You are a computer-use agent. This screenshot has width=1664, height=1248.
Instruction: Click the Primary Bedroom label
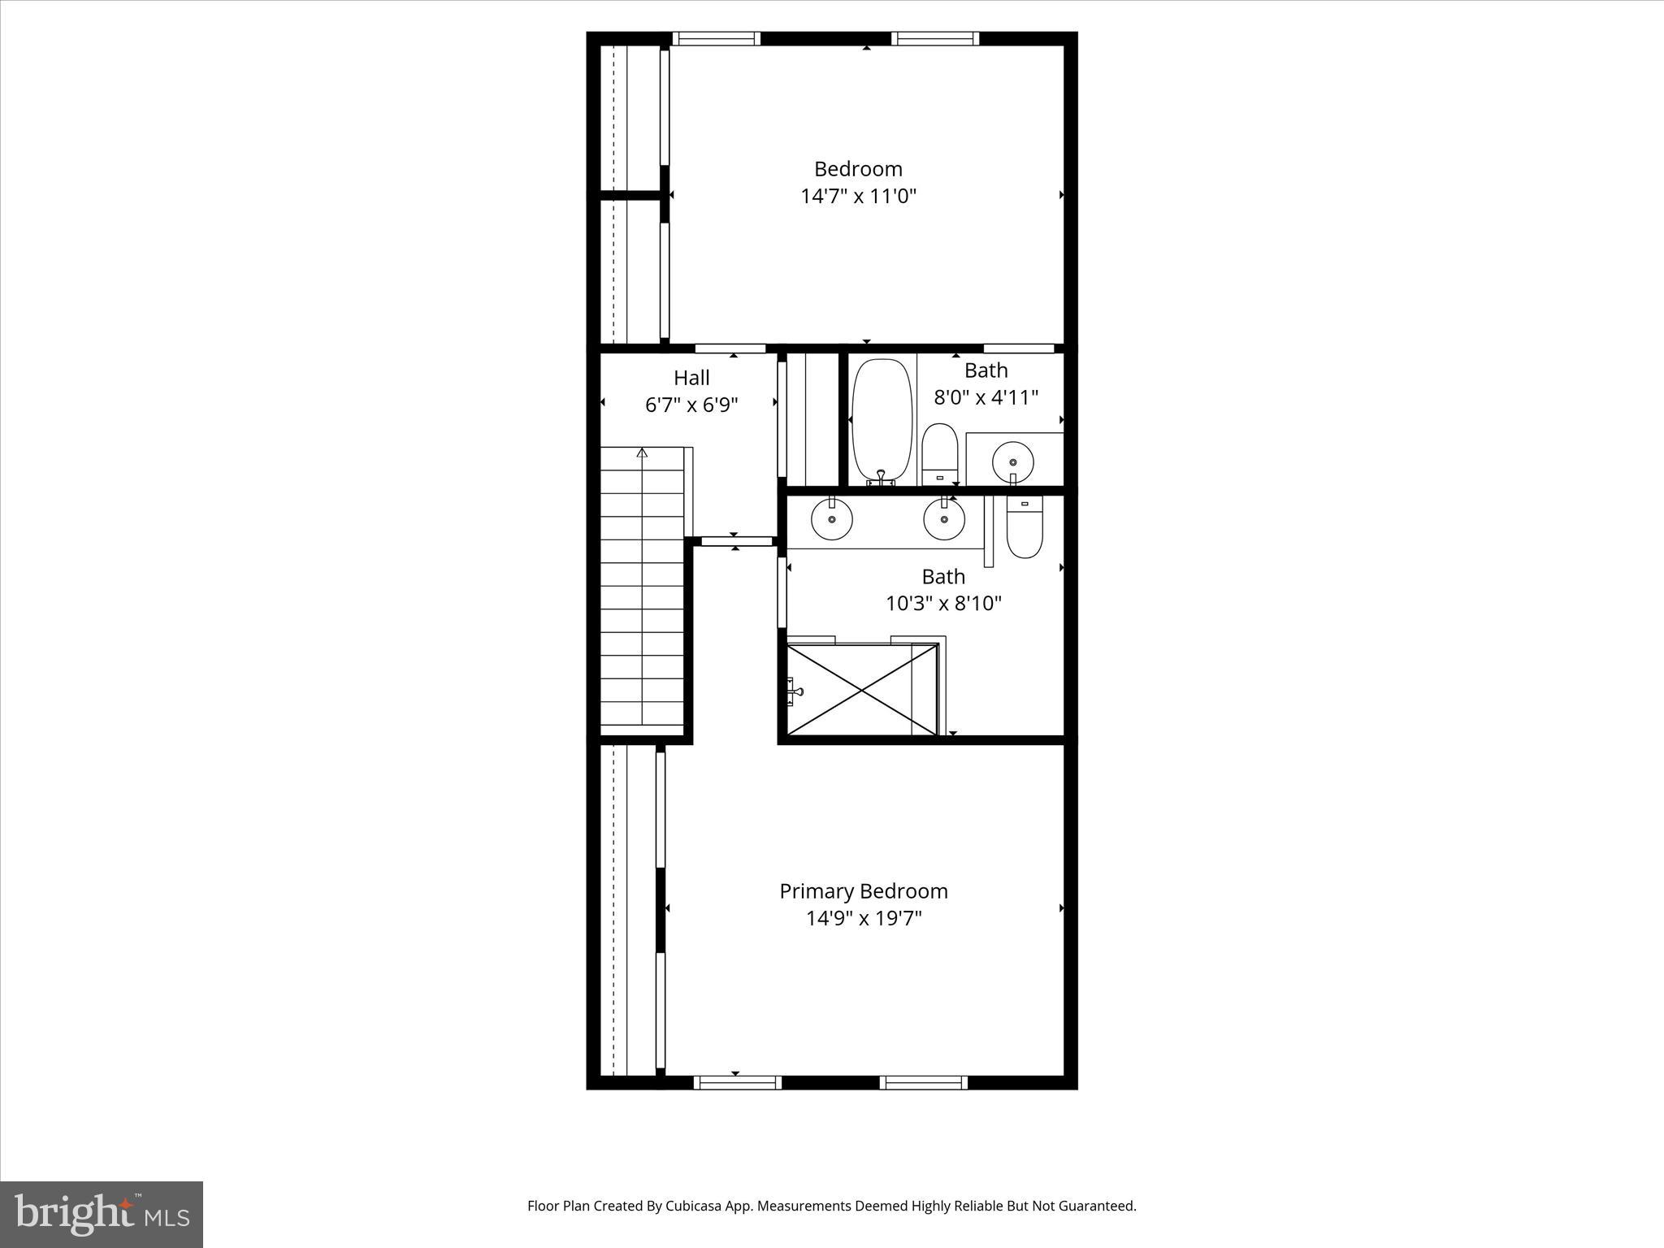pyautogui.click(x=863, y=891)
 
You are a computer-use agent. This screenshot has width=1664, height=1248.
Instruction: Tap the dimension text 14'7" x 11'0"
pyautogui.click(x=858, y=197)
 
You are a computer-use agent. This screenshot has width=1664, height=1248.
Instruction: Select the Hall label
pyautogui.click(x=691, y=378)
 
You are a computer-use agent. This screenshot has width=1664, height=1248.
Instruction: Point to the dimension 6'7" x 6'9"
pyautogui.click(x=691, y=405)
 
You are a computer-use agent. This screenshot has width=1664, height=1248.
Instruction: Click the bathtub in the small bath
pyautogui.click(x=881, y=421)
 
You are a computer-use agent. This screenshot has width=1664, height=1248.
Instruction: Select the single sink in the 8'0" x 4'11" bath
pyautogui.click(x=1012, y=461)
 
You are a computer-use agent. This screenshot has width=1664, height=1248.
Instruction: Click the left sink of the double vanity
pyautogui.click(x=831, y=518)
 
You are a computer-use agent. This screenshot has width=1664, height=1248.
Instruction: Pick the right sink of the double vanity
pyautogui.click(x=944, y=518)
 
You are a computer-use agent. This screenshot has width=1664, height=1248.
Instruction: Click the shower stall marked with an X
pyautogui.click(x=861, y=689)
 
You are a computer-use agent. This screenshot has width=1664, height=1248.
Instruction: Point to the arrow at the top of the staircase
pyautogui.click(x=642, y=453)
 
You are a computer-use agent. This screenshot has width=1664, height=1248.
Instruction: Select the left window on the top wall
pyautogui.click(x=716, y=38)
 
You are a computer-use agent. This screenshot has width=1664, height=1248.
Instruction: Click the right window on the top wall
pyautogui.click(x=935, y=38)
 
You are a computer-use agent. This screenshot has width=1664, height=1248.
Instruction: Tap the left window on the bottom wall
pyautogui.click(x=737, y=1082)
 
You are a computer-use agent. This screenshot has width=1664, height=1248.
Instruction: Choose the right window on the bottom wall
pyautogui.click(x=924, y=1082)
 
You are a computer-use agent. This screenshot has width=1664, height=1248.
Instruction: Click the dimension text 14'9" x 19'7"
pyautogui.click(x=864, y=919)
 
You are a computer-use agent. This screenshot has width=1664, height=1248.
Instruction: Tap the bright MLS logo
pyautogui.click(x=102, y=1214)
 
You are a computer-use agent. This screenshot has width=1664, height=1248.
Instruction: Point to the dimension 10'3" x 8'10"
pyautogui.click(x=943, y=604)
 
